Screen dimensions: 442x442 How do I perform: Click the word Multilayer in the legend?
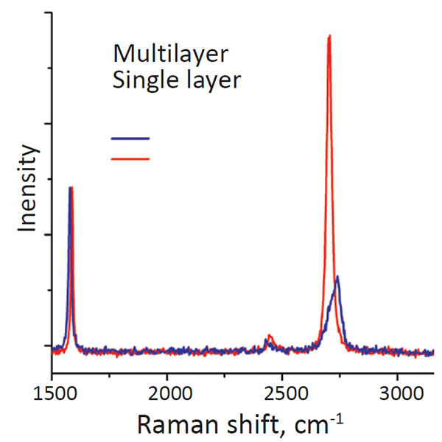[x=171, y=55]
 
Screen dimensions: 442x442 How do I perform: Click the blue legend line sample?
[x=130, y=138]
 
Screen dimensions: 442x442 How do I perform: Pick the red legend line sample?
[x=130, y=158]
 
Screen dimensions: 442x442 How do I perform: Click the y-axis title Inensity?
[x=28, y=189]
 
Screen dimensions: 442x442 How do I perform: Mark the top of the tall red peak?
[x=329, y=35]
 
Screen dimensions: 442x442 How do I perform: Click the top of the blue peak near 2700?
[x=337, y=277]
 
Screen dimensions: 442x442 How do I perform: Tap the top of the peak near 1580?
[x=71, y=188]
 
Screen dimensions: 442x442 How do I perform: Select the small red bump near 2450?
[x=270, y=336]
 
